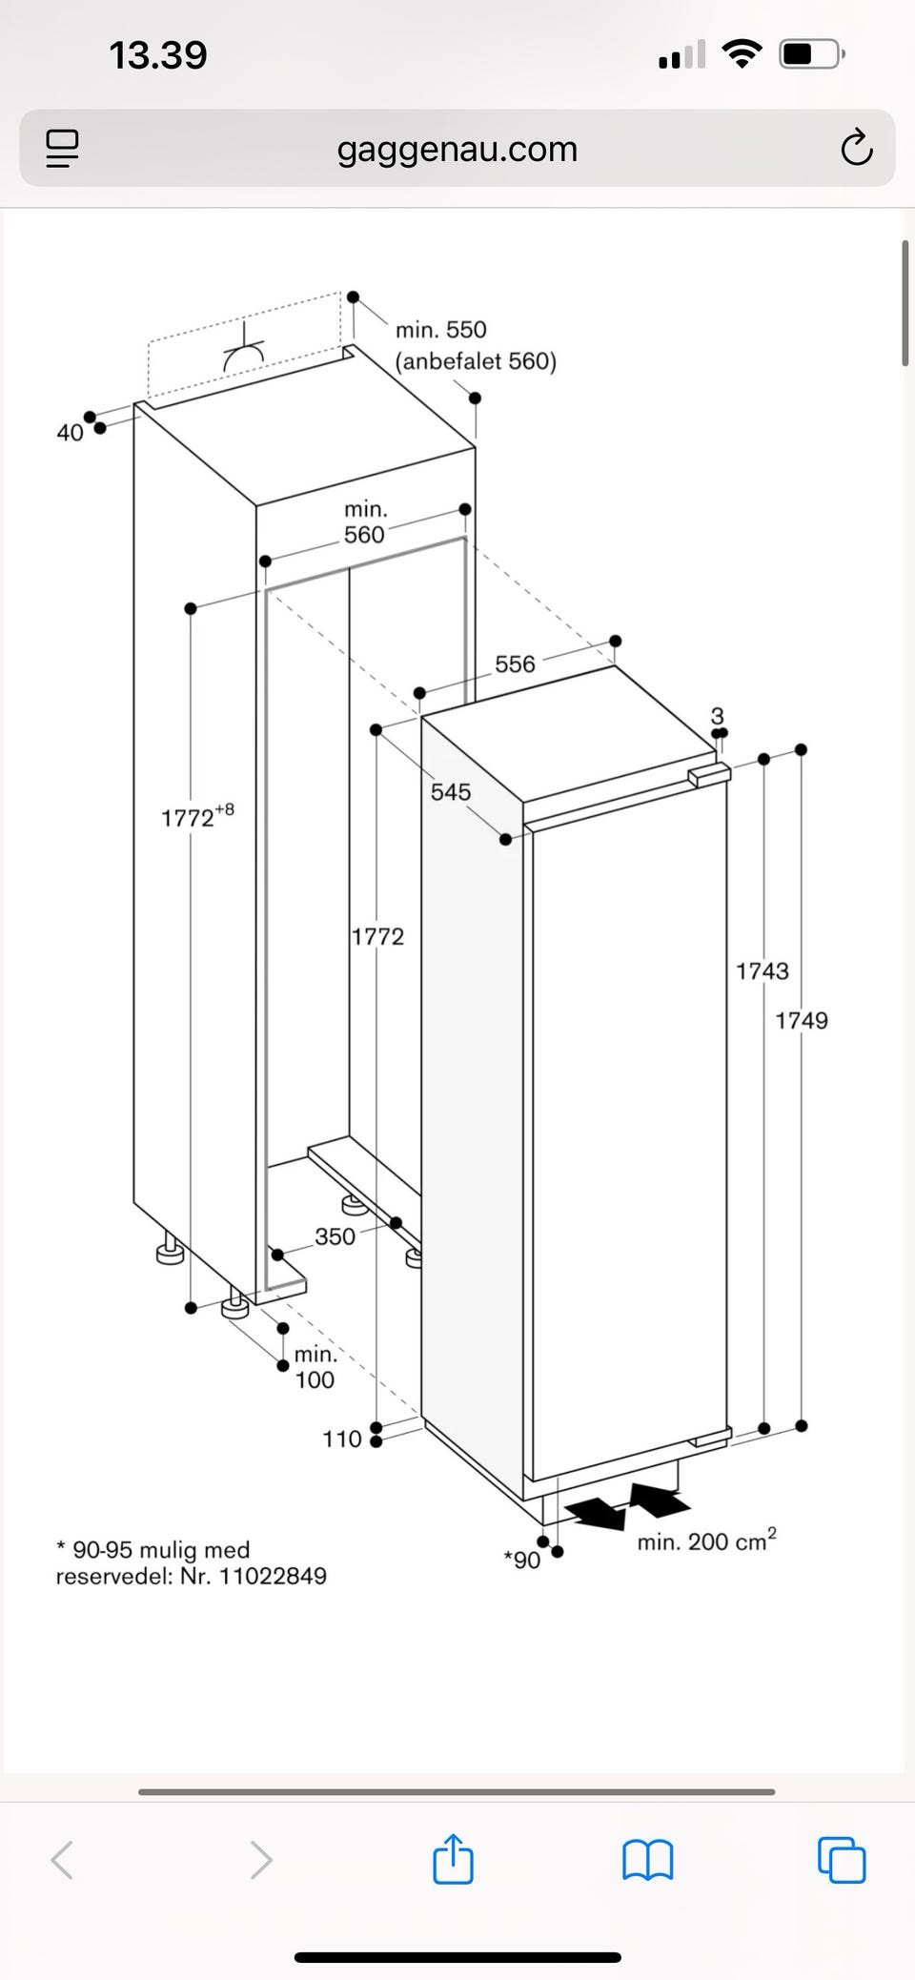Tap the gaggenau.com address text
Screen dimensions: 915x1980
457,150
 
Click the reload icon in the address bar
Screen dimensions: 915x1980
856,148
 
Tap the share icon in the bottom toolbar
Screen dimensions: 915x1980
453,1858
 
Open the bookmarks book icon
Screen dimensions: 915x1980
648,1860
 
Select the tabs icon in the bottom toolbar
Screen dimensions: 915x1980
842,1859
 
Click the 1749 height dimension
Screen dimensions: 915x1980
802,1020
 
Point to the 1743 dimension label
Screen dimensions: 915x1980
762,970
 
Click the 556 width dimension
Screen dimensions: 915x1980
515,663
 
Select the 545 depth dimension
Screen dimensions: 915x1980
451,791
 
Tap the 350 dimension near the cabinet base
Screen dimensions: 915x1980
335,1235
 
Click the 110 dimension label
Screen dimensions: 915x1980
342,1439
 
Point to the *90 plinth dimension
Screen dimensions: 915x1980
522,1560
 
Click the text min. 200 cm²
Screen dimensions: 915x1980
706,1540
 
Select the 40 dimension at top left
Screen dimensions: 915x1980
70,433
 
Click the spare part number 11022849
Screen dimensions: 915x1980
273,1576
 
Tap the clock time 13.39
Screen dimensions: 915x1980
158,54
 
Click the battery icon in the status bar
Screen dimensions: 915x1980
811,54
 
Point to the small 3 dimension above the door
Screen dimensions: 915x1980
718,715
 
